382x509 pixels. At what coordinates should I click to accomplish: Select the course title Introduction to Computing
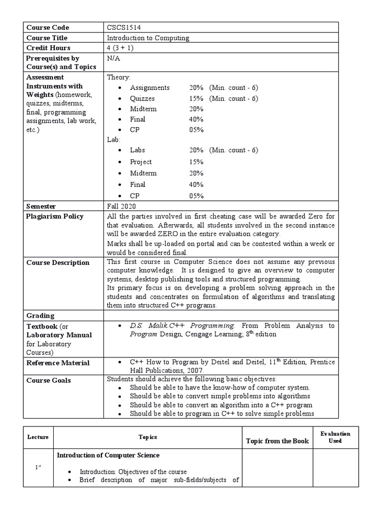(x=148, y=38)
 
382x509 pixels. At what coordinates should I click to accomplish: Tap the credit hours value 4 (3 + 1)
(x=120, y=48)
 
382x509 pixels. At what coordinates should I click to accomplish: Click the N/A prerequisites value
(x=113, y=58)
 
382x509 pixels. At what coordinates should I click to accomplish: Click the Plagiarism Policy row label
(x=55, y=216)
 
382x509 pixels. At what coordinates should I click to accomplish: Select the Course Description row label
(x=58, y=262)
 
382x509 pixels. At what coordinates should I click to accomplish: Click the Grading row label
(x=40, y=315)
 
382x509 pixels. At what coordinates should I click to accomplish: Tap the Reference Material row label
(x=58, y=363)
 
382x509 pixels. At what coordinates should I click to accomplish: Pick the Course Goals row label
(x=48, y=380)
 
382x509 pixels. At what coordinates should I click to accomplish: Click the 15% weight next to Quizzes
(x=196, y=98)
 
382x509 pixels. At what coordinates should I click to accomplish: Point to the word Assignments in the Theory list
(x=150, y=87)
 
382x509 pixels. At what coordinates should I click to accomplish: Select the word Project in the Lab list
(x=141, y=162)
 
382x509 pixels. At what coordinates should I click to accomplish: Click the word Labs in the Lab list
(x=137, y=150)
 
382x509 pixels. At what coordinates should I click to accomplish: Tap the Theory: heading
(x=119, y=78)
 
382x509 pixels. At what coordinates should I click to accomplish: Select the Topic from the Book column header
(x=278, y=441)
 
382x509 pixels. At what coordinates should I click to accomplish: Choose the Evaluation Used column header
(x=335, y=437)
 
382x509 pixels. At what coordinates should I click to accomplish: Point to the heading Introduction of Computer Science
(x=108, y=455)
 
